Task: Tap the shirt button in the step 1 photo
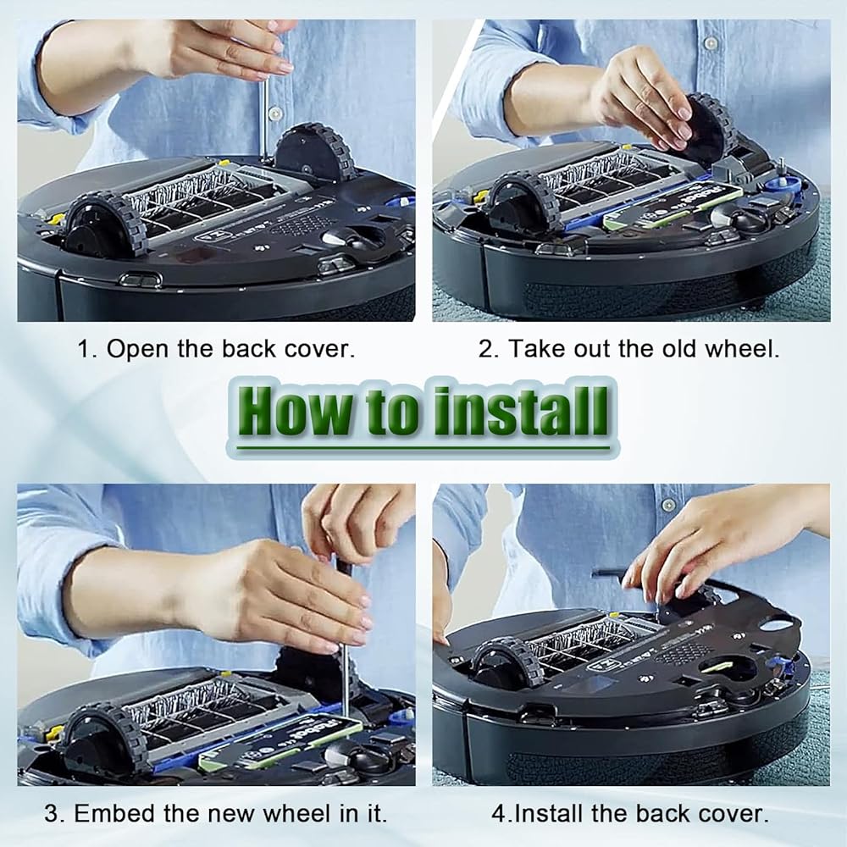tap(275, 113)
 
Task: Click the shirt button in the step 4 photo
tap(669, 505)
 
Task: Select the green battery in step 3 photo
tap(281, 743)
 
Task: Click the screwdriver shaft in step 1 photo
tap(263, 119)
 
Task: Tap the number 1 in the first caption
tap(84, 349)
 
